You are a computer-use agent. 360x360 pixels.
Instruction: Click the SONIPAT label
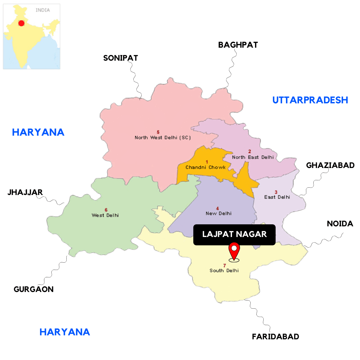[x=120, y=58]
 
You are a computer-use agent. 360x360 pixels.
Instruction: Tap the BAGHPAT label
[x=238, y=45]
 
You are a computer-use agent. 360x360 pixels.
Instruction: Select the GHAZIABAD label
[x=330, y=165]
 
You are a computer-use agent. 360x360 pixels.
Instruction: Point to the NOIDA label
[x=340, y=224]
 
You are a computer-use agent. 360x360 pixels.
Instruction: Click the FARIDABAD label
[x=275, y=337]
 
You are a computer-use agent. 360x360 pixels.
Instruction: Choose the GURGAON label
[x=34, y=289]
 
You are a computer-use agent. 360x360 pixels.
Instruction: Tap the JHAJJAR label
[x=25, y=192]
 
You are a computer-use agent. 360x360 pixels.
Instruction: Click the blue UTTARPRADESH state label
[x=310, y=100]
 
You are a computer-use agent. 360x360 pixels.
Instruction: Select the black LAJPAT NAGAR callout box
[x=234, y=234]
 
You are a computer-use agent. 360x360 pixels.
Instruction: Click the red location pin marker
[x=234, y=251]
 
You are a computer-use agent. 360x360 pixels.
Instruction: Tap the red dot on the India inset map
[x=21, y=23]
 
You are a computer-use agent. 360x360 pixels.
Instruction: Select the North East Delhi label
[x=253, y=157]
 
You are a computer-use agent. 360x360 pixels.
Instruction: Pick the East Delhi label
[x=277, y=197]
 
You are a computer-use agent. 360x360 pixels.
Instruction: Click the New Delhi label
[x=218, y=213]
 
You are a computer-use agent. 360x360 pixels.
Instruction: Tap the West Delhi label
[x=105, y=215]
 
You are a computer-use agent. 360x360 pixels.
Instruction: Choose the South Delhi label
[x=224, y=271]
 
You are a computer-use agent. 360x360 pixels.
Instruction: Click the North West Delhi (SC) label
[x=163, y=137]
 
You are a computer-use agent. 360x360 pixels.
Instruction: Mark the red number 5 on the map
[x=158, y=132]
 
